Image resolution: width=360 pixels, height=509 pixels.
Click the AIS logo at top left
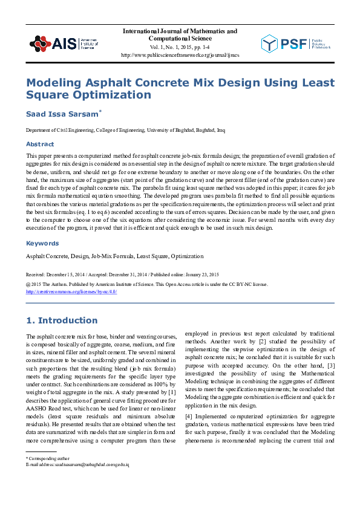click(63, 43)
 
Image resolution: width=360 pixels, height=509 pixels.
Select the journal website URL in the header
click(180, 55)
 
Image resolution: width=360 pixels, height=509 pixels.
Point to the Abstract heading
click(39, 144)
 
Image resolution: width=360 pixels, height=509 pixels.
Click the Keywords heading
click(42, 244)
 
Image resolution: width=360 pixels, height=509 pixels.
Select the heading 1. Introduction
click(61, 320)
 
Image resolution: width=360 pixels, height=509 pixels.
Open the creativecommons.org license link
click(71, 291)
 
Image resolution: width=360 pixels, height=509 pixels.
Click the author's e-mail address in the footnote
click(77, 464)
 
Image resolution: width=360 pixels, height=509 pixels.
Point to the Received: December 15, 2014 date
click(54, 274)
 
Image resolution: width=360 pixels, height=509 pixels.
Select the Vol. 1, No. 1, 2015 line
click(180, 46)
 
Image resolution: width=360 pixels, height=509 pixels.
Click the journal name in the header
click(180, 34)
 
